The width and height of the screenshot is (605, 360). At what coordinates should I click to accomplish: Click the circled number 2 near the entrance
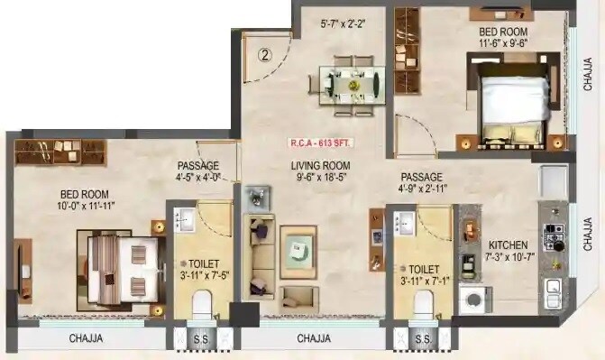[265, 53]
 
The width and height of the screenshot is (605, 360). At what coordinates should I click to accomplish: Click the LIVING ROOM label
[319, 165]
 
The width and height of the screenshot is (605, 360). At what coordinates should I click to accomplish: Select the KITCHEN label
[508, 245]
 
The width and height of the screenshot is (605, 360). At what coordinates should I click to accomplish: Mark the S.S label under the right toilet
[421, 340]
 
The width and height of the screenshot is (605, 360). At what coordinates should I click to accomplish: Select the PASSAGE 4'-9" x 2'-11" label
[421, 183]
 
